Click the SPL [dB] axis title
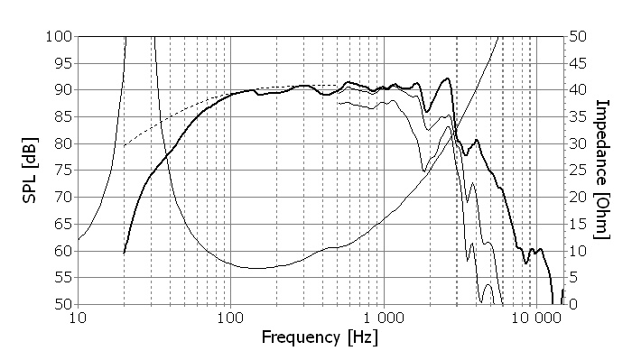coord(30,171)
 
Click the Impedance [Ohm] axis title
coord(602,170)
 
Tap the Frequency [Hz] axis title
coord(320,337)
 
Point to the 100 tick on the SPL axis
coord(59,37)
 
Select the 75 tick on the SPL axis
coord(63,171)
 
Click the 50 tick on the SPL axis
coord(63,304)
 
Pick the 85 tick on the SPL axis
coord(63,116)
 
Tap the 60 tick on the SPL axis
coord(63,251)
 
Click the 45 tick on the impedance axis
coord(578,63)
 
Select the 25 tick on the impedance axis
coord(578,171)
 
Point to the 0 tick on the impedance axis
coord(573,304)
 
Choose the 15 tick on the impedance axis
coord(578,224)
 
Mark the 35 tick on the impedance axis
coord(578,116)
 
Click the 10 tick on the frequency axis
coord(78,318)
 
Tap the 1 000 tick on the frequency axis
coord(384,318)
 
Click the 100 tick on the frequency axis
coord(230,318)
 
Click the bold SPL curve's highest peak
coord(447,78)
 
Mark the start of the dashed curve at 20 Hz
coord(125,146)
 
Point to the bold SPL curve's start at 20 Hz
coord(125,253)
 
